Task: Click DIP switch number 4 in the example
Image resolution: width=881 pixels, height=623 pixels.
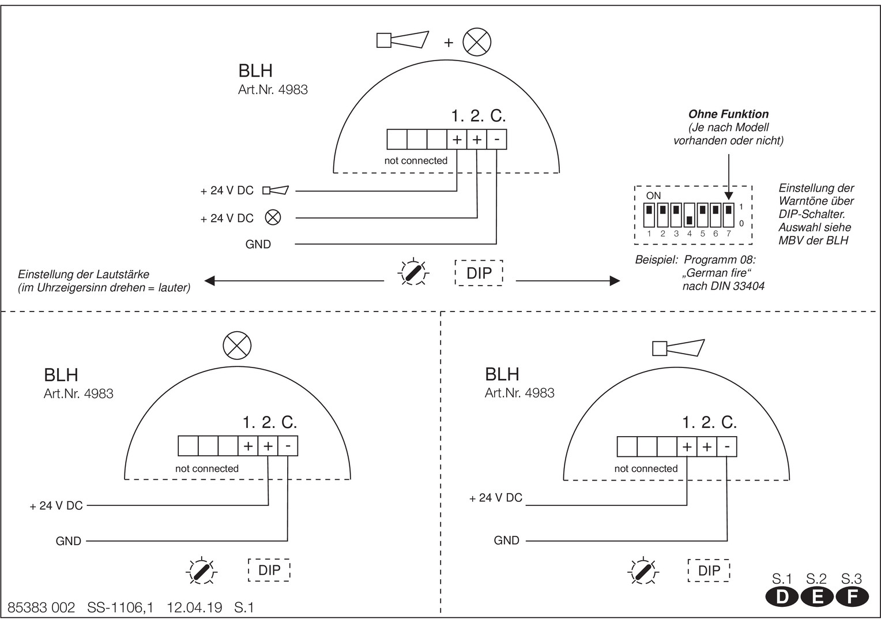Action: pos(689,215)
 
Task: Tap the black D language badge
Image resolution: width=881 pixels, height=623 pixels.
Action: pos(782,597)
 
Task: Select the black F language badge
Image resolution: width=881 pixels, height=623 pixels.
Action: pos(852,597)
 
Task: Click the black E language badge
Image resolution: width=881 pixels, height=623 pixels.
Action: pos(817,597)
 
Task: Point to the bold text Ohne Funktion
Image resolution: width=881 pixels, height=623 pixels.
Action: pos(728,114)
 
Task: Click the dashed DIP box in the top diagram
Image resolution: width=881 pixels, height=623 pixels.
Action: pos(479,273)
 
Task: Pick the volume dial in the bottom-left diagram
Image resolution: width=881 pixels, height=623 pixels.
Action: pos(201,571)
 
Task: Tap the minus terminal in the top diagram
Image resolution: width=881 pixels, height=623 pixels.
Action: pos(497,140)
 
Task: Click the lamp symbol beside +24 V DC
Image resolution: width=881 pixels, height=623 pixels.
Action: pos(273,217)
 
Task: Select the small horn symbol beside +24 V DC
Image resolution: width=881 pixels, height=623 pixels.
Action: pos(276,190)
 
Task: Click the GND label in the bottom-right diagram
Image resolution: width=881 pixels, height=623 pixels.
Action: pos(507,541)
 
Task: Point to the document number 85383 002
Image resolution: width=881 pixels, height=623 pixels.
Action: pos(42,607)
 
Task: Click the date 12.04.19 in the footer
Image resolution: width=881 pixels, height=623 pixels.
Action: pos(195,607)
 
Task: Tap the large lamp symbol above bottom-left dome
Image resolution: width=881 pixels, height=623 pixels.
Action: pos(237,346)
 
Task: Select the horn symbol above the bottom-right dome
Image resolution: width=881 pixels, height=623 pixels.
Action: pos(679,348)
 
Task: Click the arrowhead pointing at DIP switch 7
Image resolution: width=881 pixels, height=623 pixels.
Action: pos(729,196)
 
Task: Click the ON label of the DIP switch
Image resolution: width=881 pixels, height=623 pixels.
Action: pos(653,196)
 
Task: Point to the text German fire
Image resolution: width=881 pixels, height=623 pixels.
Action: pos(717,273)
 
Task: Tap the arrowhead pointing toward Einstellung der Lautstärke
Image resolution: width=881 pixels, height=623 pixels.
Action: pos(210,280)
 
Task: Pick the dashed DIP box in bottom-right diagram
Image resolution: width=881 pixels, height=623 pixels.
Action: pos(709,571)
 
